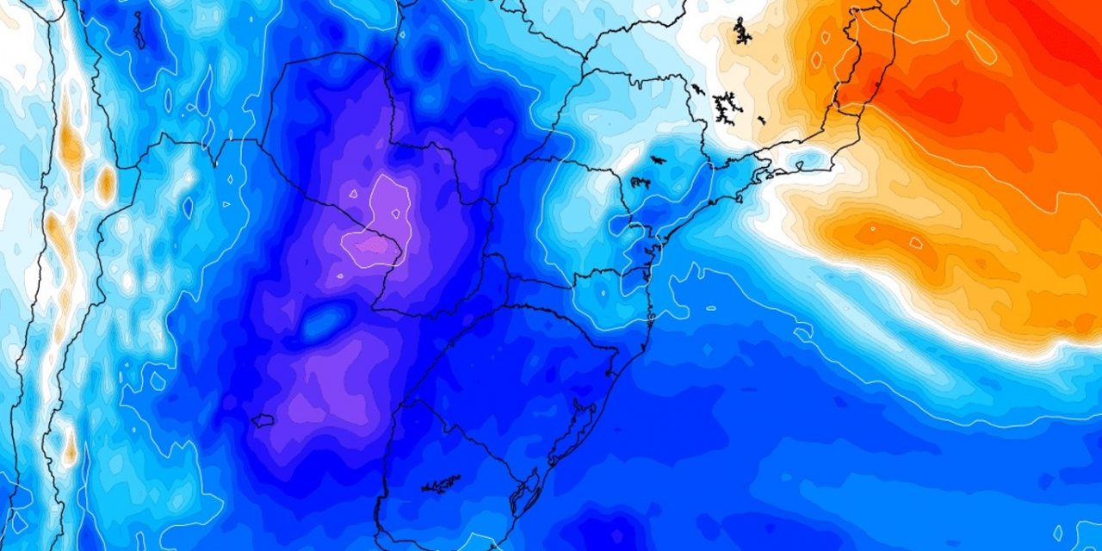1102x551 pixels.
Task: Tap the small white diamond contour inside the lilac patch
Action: click(x=353, y=194)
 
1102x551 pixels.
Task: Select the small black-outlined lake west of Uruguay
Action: click(x=262, y=421)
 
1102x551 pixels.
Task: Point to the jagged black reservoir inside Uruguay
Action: click(x=441, y=485)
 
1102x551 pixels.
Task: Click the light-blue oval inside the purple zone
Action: click(x=320, y=322)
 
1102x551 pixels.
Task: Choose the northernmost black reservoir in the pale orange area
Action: click(x=740, y=32)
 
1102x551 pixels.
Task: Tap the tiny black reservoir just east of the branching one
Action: click(x=761, y=119)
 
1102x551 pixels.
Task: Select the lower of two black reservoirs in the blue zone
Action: click(x=640, y=182)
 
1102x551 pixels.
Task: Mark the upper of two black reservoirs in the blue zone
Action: click(x=657, y=159)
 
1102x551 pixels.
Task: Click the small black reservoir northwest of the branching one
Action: click(x=696, y=88)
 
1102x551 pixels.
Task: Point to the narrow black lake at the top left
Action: click(x=138, y=30)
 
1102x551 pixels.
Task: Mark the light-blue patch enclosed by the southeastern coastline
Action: click(x=801, y=163)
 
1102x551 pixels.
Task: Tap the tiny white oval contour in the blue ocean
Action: click(x=711, y=307)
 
